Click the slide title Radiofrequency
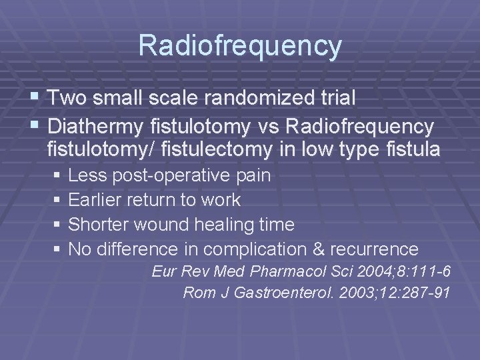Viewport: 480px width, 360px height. click(x=240, y=46)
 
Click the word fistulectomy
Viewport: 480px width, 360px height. click(x=217, y=149)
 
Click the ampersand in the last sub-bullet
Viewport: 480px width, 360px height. click(x=319, y=249)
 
